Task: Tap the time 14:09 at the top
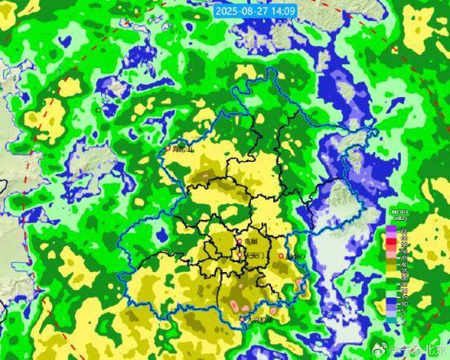point(281,11)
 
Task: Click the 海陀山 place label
point(183,149)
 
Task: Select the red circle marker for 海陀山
point(169,148)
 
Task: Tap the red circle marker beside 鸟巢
point(238,242)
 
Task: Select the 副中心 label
point(295,256)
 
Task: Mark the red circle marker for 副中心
point(282,256)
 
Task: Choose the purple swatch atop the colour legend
point(390,229)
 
